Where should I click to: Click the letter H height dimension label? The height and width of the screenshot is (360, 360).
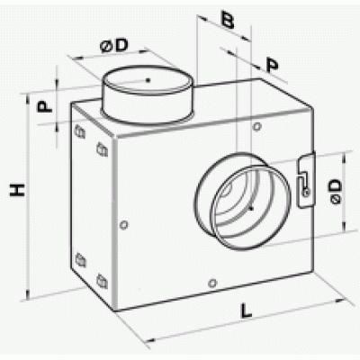coord(17,190)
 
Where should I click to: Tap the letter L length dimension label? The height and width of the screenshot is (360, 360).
coord(246,310)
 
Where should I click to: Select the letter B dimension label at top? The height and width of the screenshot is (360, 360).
coord(228,19)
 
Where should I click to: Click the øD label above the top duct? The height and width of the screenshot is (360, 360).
coord(114,46)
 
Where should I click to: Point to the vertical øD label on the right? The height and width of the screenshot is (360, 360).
coord(336,192)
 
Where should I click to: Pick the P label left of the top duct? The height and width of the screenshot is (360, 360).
coord(44,106)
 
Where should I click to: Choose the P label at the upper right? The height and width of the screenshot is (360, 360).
coord(273,66)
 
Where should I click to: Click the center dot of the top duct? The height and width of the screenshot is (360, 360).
coord(148,80)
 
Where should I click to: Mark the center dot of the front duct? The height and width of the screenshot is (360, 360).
coord(251,208)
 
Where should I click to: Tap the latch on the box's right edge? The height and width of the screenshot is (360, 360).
coord(306,181)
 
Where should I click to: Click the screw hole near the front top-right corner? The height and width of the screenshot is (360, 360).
coord(256,127)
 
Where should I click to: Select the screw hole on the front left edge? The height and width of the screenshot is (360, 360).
coord(124,225)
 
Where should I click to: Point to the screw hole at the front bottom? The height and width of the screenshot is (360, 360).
coord(212,283)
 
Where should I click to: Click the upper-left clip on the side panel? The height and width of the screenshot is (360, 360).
coord(79,131)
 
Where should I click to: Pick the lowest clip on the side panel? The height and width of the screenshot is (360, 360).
coord(102,281)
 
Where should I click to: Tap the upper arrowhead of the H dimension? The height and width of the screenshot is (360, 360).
coord(28,98)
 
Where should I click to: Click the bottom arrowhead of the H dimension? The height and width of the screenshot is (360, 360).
coord(28,295)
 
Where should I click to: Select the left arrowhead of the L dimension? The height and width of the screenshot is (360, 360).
coord(149,340)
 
